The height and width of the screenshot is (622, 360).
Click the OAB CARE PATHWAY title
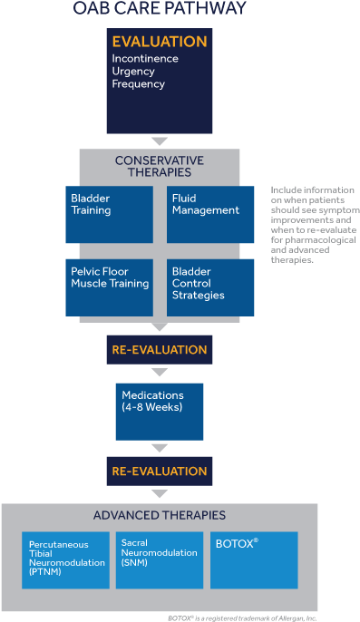pyautogui.click(x=160, y=10)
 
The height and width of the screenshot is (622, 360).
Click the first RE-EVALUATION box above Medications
pyautogui.click(x=160, y=349)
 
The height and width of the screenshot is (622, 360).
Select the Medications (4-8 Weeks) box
pyautogui.click(x=160, y=411)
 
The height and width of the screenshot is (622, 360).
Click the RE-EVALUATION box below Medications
pyautogui.click(x=160, y=471)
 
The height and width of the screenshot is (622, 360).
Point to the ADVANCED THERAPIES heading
pyautogui.click(x=160, y=516)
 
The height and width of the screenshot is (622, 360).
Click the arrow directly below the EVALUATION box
pyautogui.click(x=160, y=141)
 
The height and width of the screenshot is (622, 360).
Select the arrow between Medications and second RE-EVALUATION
pyautogui.click(x=160, y=447)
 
